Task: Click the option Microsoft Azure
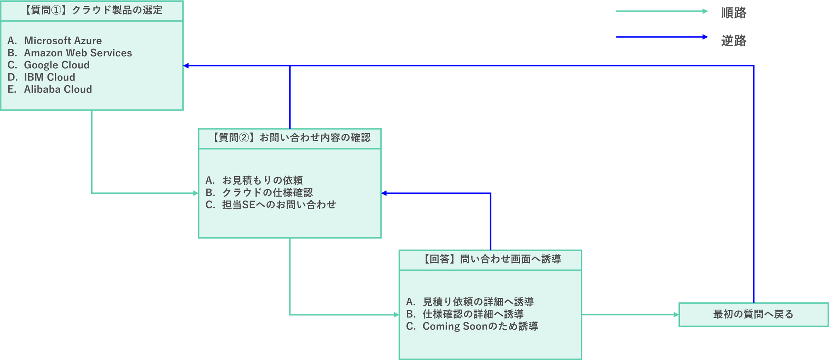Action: (x=63, y=41)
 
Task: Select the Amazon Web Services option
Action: (x=78, y=53)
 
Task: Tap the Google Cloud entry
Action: (x=56, y=65)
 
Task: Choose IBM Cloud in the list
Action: (x=49, y=77)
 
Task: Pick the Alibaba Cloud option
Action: (x=58, y=89)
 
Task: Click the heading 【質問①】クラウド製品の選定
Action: (x=92, y=10)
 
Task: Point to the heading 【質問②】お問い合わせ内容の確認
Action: (x=290, y=138)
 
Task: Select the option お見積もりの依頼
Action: (x=262, y=180)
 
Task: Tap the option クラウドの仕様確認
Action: (x=267, y=193)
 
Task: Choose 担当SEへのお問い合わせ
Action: (x=279, y=205)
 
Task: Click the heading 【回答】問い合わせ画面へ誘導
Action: (x=490, y=259)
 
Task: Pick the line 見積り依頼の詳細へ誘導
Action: (x=478, y=302)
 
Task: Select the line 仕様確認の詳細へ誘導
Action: (x=473, y=314)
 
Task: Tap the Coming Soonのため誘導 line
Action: (x=480, y=326)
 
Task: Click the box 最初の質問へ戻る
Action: (x=753, y=314)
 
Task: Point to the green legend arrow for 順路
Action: (x=662, y=12)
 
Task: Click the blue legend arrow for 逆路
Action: (x=662, y=37)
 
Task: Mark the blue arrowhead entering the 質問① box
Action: (x=187, y=66)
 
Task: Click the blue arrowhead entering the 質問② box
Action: (x=384, y=193)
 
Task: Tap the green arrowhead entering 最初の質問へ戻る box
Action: (x=675, y=315)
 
